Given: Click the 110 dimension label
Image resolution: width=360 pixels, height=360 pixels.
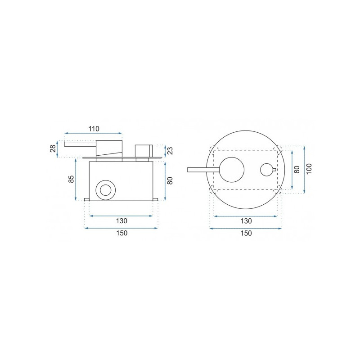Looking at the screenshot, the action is tap(94, 129).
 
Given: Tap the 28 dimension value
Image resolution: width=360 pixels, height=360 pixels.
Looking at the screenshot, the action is tap(53, 148).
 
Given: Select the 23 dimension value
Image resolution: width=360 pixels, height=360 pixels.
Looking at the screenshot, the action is tap(170, 151).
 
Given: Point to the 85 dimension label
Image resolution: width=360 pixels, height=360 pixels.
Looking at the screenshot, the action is tap(72, 179).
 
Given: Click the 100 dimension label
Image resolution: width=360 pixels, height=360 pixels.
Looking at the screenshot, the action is tap(309, 169).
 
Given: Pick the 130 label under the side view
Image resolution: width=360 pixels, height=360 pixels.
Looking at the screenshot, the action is tap(121, 221).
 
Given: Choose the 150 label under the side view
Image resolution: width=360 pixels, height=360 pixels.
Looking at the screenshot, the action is tap(121, 233).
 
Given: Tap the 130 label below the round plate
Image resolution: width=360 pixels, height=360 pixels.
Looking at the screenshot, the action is tap(246, 221).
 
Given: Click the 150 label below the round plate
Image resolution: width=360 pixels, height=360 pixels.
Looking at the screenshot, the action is tap(246, 233).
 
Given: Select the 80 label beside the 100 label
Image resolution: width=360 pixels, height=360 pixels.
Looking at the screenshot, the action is tap(297, 170).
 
